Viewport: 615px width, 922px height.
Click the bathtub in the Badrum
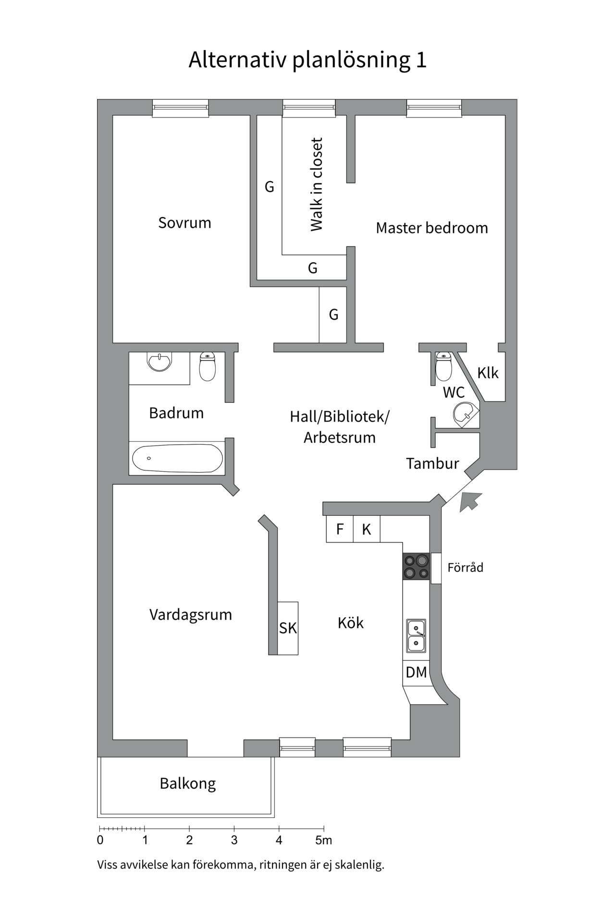[x=177, y=458]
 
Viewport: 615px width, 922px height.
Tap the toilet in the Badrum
[x=208, y=367]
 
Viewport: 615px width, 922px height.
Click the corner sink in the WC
[x=465, y=414]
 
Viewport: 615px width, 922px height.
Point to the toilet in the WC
[x=443, y=367]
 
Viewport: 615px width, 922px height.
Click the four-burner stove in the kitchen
[x=416, y=567]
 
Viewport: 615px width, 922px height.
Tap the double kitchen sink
[x=416, y=636]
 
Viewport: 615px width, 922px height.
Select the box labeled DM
[x=416, y=672]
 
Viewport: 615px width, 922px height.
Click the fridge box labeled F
[x=340, y=529]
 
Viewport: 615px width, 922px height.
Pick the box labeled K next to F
[x=367, y=529]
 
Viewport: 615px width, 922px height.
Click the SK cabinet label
[x=288, y=628]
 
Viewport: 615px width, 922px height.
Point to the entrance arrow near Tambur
[x=469, y=502]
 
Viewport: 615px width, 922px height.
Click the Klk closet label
[x=488, y=373]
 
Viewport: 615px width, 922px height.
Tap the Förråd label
[x=465, y=568]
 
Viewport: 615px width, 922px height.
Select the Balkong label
[x=188, y=784]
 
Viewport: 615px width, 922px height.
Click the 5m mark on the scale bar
[x=324, y=840]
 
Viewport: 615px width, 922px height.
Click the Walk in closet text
[x=317, y=184]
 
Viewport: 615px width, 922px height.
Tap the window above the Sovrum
[x=181, y=108]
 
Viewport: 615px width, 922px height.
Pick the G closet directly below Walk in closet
[x=313, y=268]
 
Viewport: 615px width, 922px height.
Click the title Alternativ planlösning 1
[x=307, y=60]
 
